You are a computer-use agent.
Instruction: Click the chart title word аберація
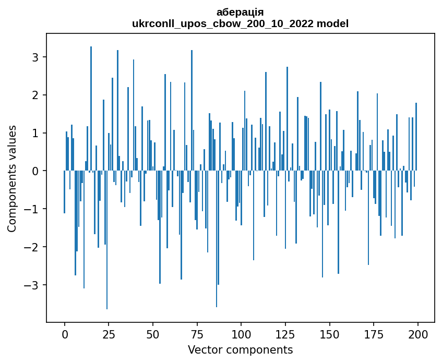240,12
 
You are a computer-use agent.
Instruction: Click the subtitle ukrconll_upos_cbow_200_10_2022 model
240,23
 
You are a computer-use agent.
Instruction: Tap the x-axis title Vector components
240,349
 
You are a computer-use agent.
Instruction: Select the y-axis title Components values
12,178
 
